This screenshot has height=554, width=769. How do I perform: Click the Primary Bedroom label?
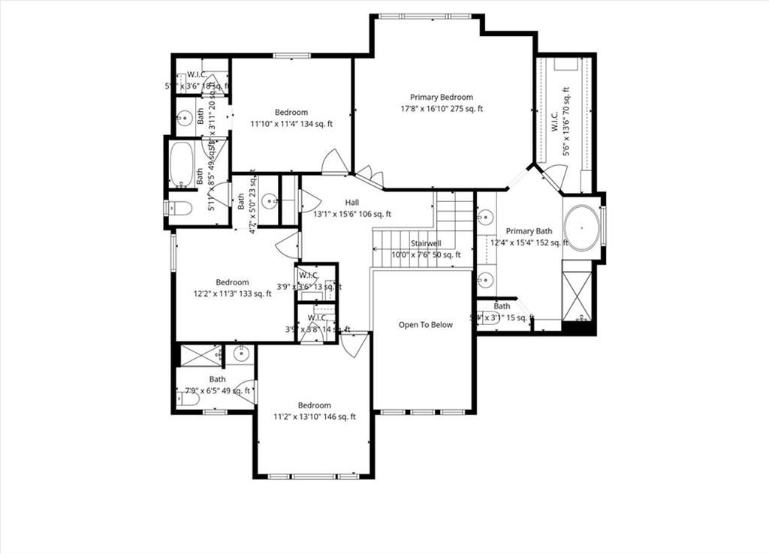(441, 97)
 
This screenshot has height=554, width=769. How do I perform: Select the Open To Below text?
(425, 325)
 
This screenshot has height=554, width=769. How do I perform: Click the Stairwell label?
(425, 243)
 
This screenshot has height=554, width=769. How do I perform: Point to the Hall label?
(351, 203)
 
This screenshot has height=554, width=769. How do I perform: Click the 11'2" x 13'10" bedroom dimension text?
(314, 417)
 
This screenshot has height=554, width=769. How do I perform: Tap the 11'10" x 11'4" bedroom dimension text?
(291, 124)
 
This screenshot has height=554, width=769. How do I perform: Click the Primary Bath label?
(529, 231)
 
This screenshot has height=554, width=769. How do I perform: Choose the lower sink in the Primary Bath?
(486, 281)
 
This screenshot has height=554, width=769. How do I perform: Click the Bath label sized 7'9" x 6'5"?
(217, 380)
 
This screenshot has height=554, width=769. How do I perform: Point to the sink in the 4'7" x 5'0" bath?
(270, 200)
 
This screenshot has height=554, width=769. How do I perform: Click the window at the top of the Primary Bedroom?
(426, 16)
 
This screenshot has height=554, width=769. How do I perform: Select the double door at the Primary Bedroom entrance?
(369, 177)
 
